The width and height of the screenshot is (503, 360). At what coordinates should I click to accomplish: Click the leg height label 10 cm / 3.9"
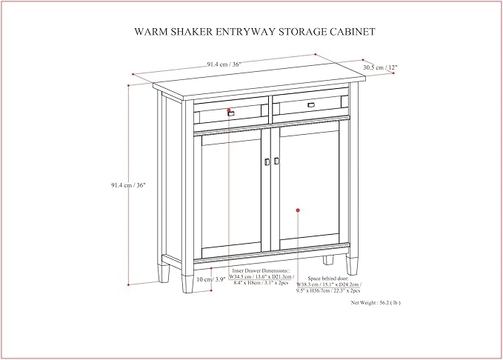tap(211, 279)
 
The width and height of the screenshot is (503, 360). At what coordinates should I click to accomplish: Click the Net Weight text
tap(376, 302)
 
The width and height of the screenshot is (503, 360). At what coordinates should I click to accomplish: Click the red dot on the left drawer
tap(229, 110)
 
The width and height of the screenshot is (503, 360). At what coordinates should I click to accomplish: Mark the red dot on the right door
tap(298, 211)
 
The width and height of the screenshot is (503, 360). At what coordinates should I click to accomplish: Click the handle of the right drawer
tap(310, 104)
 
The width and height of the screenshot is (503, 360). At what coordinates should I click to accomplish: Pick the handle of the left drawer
tap(231, 114)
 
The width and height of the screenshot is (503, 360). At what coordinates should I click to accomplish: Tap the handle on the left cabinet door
tap(267, 161)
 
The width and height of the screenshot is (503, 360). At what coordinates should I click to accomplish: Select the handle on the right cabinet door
tap(276, 160)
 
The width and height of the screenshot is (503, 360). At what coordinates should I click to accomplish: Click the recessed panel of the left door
tap(231, 193)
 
